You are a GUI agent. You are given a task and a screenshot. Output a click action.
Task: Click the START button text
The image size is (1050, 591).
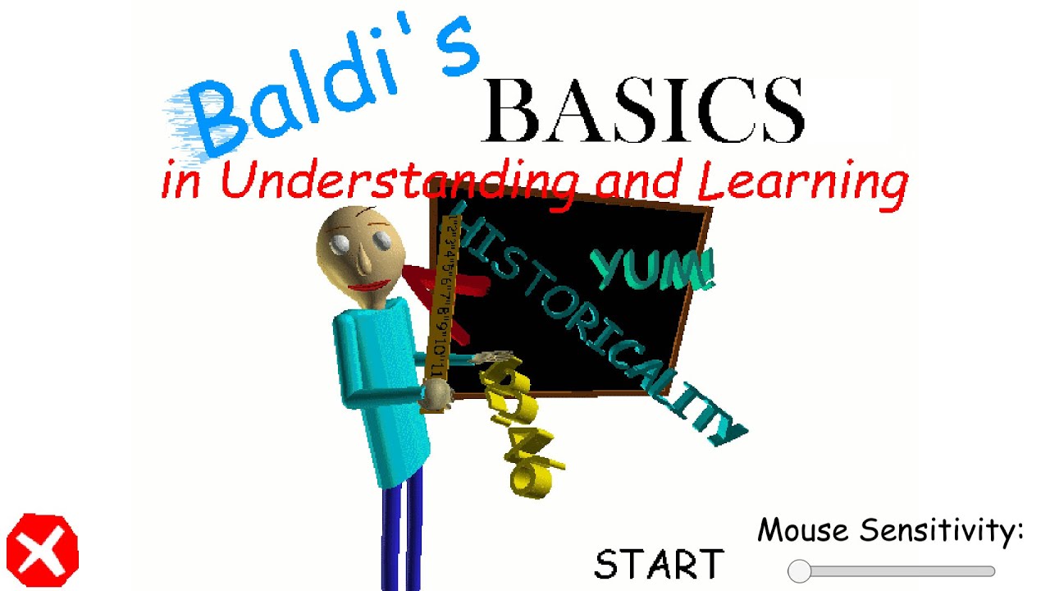(x=659, y=565)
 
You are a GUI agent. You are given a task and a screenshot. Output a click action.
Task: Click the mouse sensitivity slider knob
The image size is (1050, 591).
(x=799, y=571)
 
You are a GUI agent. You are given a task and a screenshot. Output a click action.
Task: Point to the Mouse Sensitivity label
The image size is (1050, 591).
(x=890, y=530)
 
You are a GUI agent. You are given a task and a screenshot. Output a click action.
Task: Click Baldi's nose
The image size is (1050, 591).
(x=361, y=261)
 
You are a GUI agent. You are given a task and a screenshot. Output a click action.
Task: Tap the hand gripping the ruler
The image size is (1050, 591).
(x=436, y=396)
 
